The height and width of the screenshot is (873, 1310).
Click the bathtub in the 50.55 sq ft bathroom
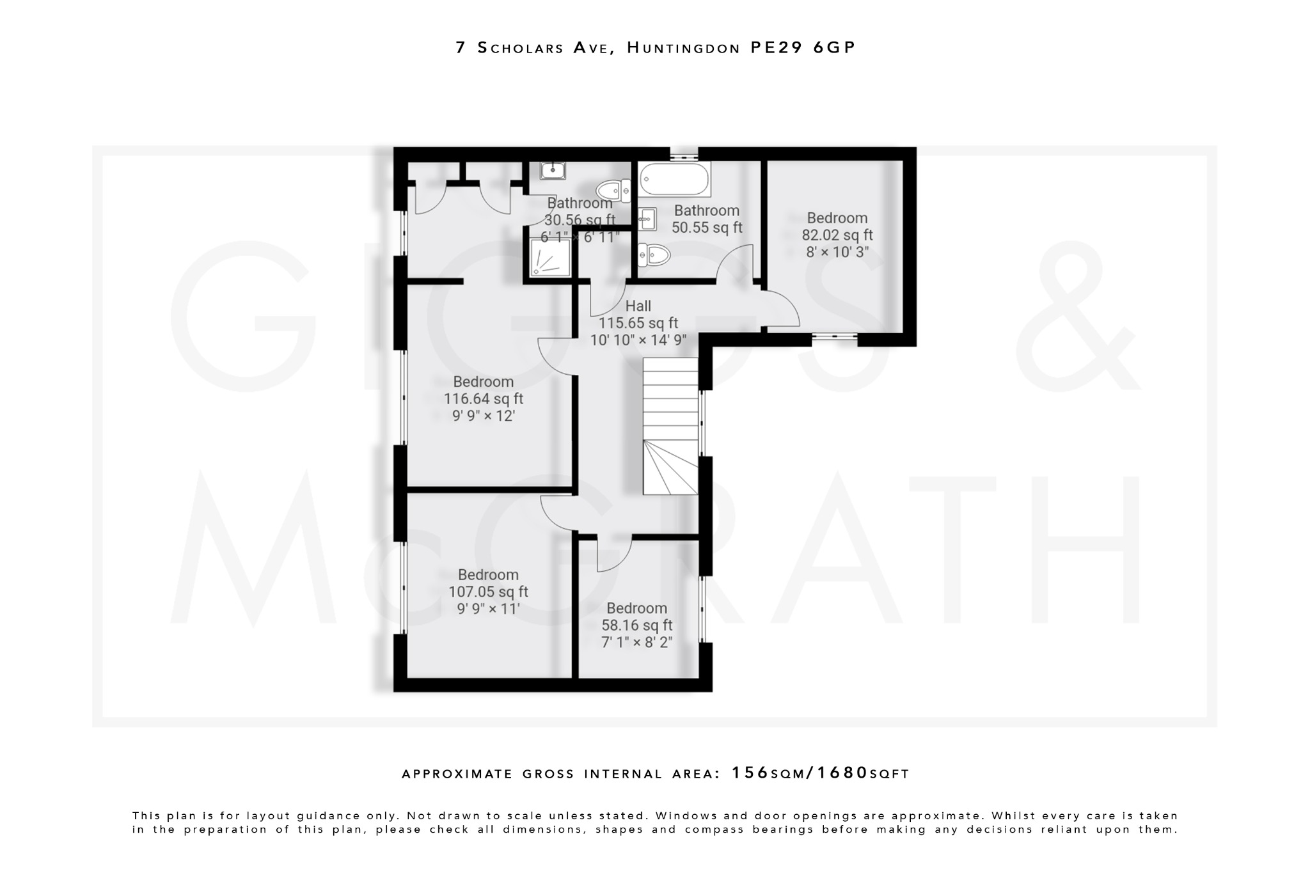(675, 179)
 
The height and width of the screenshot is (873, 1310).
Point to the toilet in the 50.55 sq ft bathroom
(654, 255)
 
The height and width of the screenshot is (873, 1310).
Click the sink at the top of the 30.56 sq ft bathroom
(553, 170)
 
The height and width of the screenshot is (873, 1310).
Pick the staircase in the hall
(670, 426)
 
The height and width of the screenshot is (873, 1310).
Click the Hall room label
(638, 306)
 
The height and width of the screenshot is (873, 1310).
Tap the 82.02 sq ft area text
(837, 235)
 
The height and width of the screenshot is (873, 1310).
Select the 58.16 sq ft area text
(637, 625)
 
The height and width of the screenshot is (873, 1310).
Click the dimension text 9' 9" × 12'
(484, 416)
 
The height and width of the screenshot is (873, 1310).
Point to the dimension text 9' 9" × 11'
(488, 608)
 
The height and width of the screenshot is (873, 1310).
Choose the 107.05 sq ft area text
(488, 592)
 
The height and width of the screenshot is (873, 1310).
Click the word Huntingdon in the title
(683, 47)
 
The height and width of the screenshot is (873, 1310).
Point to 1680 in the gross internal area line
(842, 773)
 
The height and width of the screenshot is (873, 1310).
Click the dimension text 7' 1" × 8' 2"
(637, 641)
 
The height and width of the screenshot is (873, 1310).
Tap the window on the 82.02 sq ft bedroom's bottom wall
(835, 337)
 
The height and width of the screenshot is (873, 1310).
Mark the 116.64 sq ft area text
(484, 398)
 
